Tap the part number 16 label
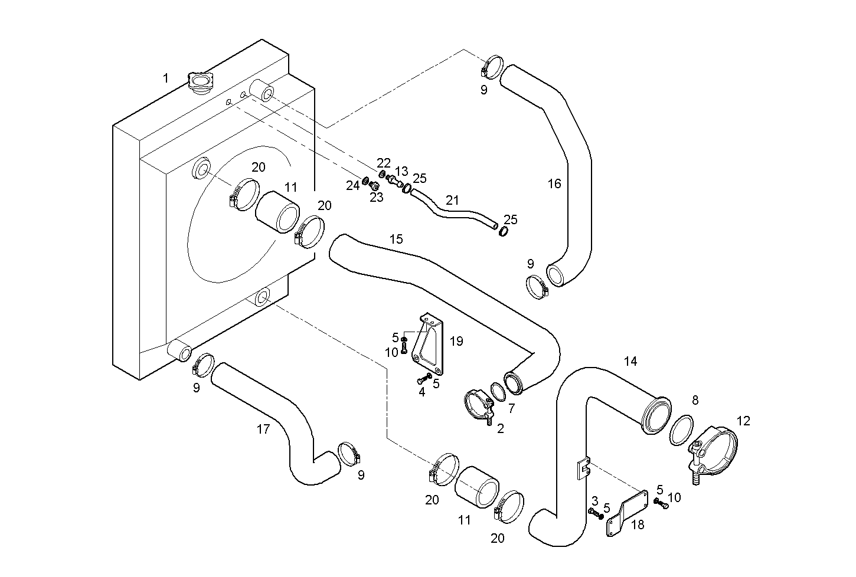(x=554, y=183)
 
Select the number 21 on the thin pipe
(x=452, y=201)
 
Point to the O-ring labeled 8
(x=682, y=431)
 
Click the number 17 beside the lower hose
(x=263, y=430)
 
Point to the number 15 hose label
(x=396, y=239)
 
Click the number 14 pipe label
(x=630, y=361)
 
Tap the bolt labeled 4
(x=425, y=378)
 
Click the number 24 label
(x=352, y=186)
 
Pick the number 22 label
(x=384, y=162)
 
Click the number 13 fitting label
(x=401, y=172)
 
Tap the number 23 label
(x=376, y=197)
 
